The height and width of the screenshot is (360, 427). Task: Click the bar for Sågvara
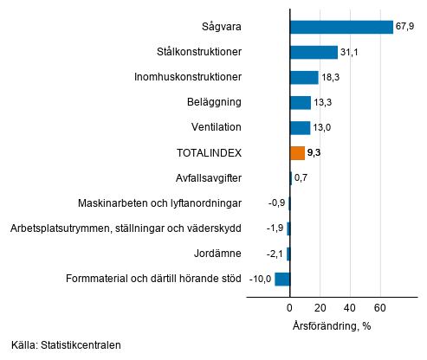point(341,27)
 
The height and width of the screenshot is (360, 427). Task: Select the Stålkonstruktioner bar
point(314,53)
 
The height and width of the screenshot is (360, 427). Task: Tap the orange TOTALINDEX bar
point(297,153)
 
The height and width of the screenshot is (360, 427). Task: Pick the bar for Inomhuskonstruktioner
point(304,78)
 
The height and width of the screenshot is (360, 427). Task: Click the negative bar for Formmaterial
point(282,279)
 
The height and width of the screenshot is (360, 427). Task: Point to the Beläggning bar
point(300,103)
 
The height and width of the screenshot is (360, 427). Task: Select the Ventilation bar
point(300,128)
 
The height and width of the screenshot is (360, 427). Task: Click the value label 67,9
point(405,27)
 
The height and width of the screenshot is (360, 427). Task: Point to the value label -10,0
point(261,279)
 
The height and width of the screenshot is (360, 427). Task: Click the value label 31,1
point(350,53)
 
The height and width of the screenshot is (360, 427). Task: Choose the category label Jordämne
point(218,254)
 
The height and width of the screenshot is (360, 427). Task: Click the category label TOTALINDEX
point(209,153)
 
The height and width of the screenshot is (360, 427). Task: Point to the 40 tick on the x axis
point(350,308)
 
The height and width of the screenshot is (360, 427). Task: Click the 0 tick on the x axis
point(290,308)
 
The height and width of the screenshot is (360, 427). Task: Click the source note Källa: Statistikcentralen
point(66,345)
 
